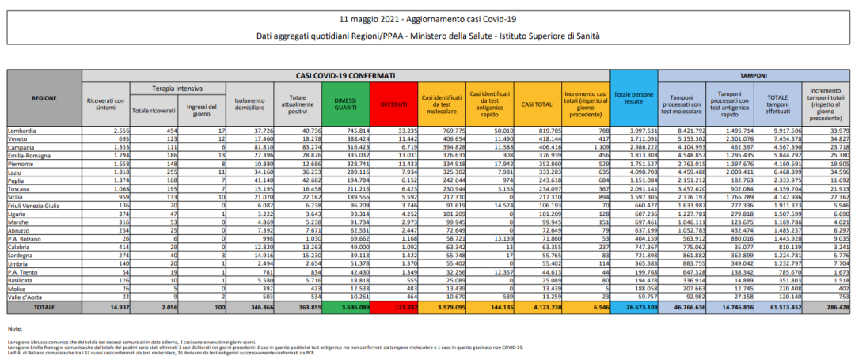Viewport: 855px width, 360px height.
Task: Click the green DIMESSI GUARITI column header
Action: click(x=348, y=104)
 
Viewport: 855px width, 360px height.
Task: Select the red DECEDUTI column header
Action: click(x=393, y=104)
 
